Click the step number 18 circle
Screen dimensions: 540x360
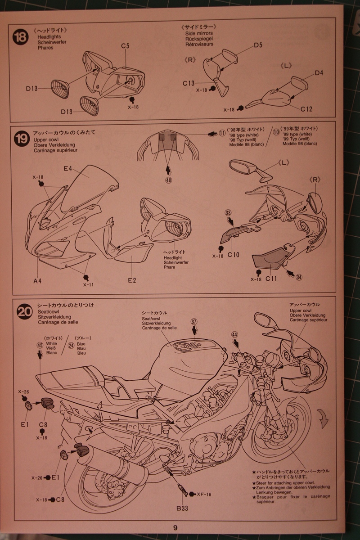21,36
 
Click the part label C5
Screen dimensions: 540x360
125,46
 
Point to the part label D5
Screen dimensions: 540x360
258,45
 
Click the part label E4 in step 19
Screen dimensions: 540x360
68,169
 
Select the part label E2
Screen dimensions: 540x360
132,280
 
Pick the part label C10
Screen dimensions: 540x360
233,255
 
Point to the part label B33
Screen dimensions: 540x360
182,508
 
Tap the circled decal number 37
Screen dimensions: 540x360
194,322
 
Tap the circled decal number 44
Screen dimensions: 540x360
234,334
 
